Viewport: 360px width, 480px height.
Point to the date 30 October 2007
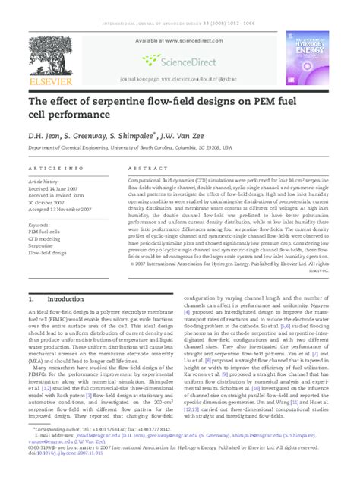(51, 202)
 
